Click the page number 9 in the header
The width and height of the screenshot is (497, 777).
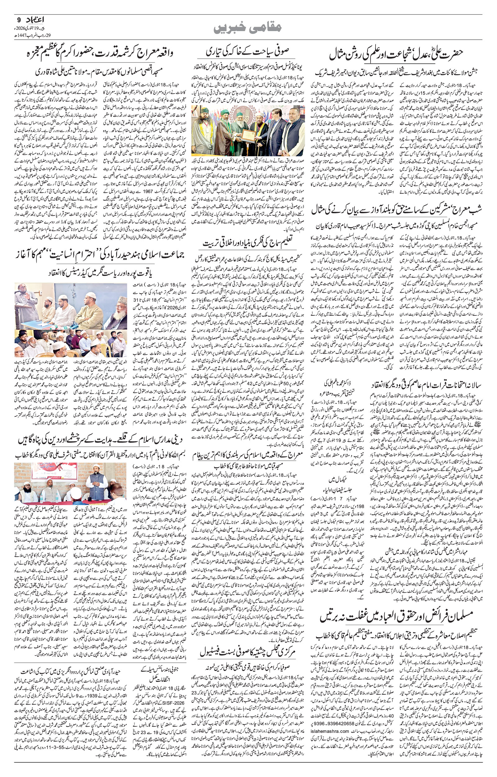pyautogui.click(x=17, y=20)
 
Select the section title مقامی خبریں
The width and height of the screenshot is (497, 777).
pyautogui.click(x=248, y=27)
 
